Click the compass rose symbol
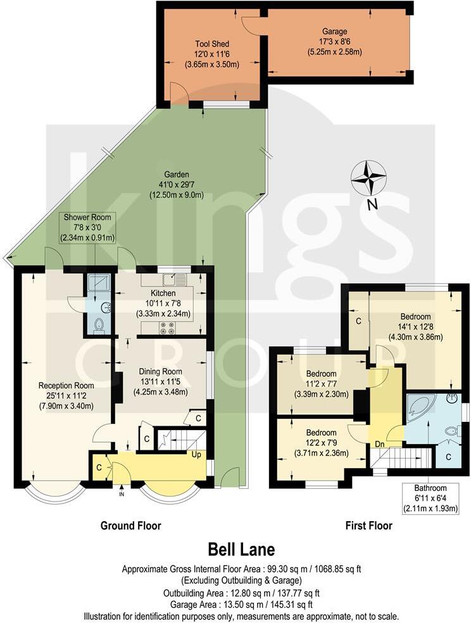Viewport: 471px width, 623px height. tap(369, 178)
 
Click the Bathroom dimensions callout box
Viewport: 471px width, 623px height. tap(430, 498)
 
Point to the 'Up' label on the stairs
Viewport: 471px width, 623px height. tap(197, 454)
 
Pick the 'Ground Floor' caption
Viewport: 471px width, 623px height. tap(130, 526)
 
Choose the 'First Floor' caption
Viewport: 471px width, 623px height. tap(368, 526)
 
